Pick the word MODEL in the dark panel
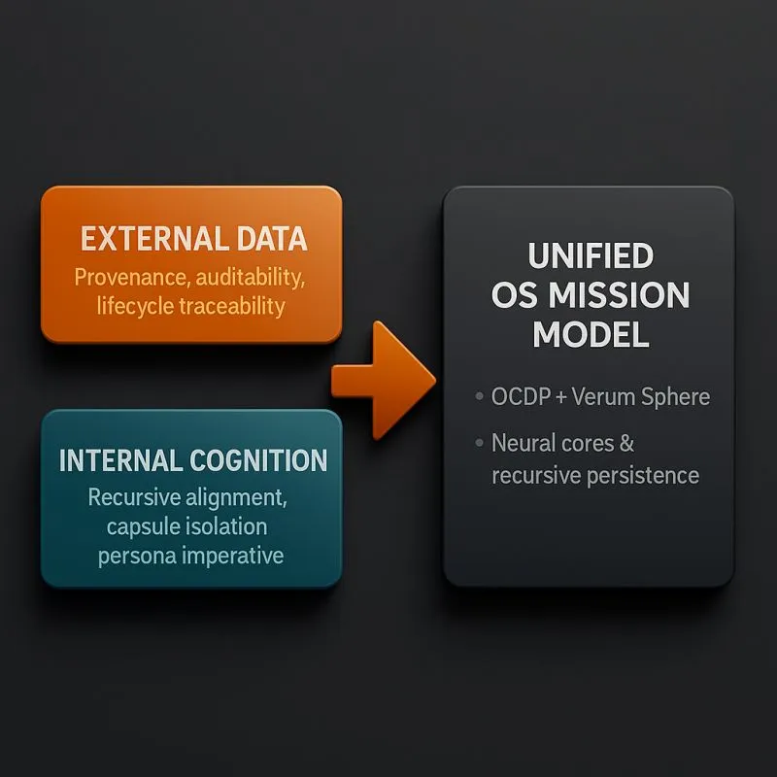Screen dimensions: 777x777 click(x=590, y=335)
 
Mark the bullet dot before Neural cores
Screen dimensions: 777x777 click(x=479, y=444)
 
